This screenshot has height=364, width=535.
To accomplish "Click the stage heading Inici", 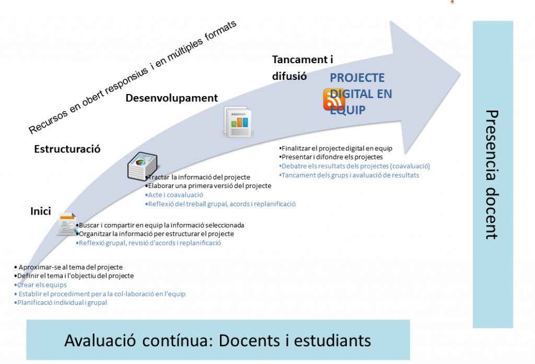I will click(40, 212).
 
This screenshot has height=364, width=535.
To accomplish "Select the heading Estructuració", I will click(67, 149).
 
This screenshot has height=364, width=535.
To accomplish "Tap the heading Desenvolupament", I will click(171, 98).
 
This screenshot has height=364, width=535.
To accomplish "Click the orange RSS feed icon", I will click(334, 99).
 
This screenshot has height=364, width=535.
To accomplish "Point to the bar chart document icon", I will click(237, 122).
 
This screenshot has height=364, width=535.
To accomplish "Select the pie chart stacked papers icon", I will click(142, 167).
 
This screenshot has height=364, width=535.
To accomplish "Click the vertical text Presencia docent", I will click(492, 174).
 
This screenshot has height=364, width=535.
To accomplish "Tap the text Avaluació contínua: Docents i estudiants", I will click(217, 340).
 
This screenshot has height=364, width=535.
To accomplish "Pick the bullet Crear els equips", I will click(41, 285).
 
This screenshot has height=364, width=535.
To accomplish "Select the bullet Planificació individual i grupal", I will click(62, 302).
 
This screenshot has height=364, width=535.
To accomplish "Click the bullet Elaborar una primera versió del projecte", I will click(210, 186).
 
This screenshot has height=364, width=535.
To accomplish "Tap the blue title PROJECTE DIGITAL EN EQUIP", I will click(360, 94).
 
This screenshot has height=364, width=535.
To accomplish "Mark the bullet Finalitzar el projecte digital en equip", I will click(344, 148).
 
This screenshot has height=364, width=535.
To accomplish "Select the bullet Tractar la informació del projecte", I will click(199, 177).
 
